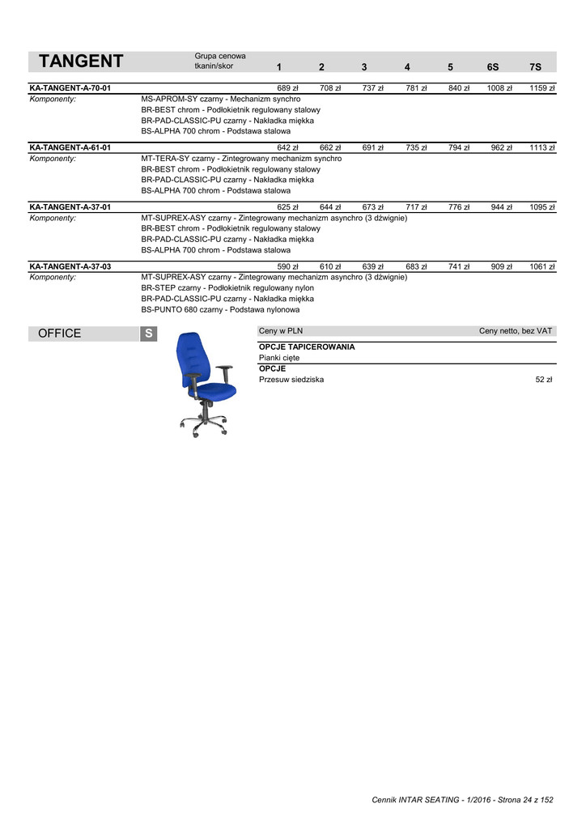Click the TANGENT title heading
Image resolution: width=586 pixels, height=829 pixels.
click(x=81, y=62)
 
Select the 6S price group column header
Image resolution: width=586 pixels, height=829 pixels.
click(x=493, y=66)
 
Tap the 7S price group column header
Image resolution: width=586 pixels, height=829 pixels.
click(x=535, y=66)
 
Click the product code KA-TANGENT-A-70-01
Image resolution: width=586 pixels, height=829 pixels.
click(x=70, y=87)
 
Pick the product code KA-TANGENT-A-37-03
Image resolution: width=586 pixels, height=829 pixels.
click(x=70, y=266)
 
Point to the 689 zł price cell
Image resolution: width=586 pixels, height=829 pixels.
click(x=287, y=87)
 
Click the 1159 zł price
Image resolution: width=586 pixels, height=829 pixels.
click(x=541, y=87)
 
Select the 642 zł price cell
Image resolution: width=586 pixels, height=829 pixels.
click(x=287, y=147)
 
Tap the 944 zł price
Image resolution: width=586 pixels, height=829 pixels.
click(x=501, y=207)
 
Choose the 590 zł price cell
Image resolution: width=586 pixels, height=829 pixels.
click(x=287, y=266)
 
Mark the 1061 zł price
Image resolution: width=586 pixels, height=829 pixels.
click(x=541, y=266)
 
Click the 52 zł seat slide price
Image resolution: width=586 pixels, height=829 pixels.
click(x=543, y=379)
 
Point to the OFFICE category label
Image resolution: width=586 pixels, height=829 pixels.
click(x=60, y=334)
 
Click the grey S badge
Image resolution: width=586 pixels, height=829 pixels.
click(x=148, y=334)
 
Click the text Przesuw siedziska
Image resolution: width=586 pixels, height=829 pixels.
click(x=291, y=379)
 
